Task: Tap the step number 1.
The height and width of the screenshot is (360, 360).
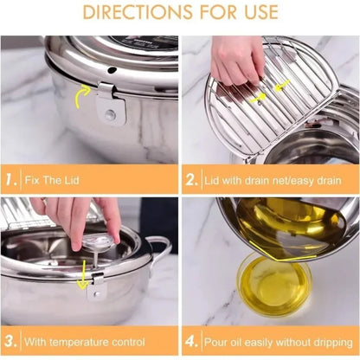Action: [11, 182]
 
